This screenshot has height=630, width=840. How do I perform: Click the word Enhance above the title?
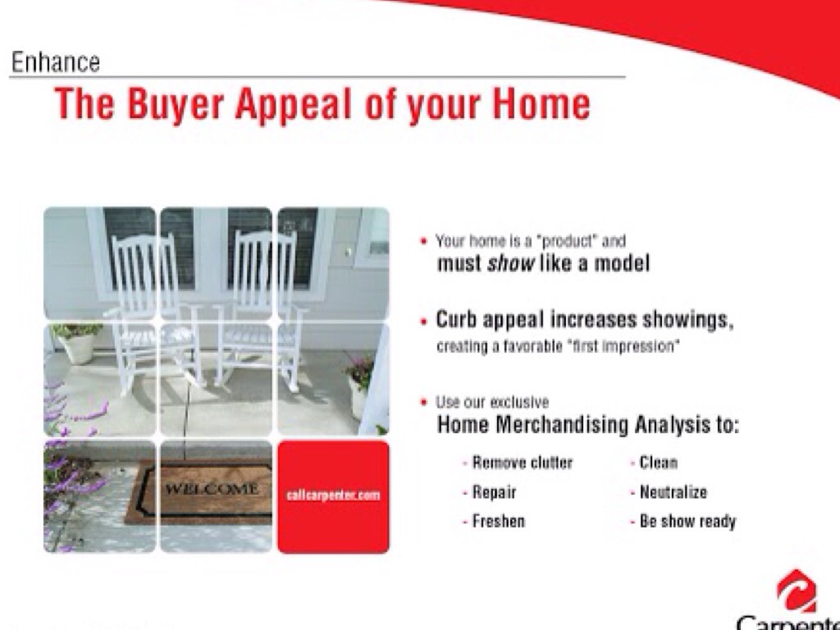[56, 62]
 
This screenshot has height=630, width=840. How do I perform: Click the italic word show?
[510, 263]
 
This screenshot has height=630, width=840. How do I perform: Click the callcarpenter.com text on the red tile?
[333, 495]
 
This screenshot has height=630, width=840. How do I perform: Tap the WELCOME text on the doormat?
[212, 489]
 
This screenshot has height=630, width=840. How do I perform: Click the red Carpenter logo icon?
[797, 591]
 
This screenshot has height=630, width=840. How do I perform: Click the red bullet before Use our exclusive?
[424, 400]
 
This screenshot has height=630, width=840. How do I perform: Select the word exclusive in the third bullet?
[519, 402]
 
